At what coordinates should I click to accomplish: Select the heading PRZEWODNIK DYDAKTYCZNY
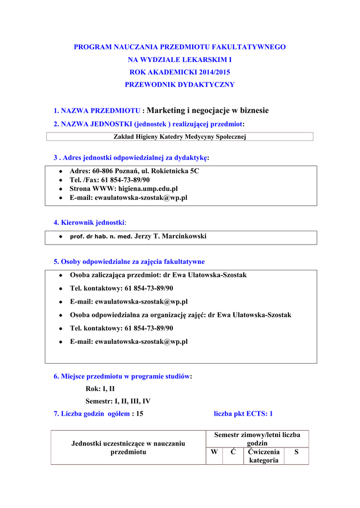click(x=180, y=85)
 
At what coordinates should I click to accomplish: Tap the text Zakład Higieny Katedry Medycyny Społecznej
click(x=180, y=137)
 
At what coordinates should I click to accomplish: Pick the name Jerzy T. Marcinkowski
click(x=170, y=237)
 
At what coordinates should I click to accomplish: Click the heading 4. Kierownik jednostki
click(x=89, y=222)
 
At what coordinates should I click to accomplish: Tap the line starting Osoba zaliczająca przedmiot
click(x=158, y=275)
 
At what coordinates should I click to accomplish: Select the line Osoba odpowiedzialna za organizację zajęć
click(x=180, y=315)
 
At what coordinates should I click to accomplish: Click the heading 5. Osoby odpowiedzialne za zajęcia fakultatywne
click(x=129, y=261)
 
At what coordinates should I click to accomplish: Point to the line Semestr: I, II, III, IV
click(x=118, y=401)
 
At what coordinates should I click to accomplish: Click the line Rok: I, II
click(x=100, y=389)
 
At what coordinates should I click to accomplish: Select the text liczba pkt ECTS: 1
click(x=243, y=413)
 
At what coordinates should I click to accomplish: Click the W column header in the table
click(x=214, y=452)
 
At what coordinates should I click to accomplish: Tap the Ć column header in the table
click(x=233, y=452)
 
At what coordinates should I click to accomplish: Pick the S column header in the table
click(x=296, y=452)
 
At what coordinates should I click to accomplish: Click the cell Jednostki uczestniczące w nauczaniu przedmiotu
click(x=128, y=447)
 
